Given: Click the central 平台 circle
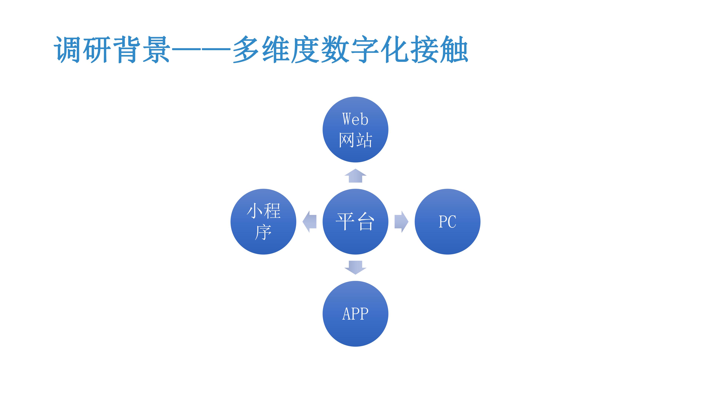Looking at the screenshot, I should pos(355,221).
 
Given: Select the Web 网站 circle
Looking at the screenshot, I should pos(355,129).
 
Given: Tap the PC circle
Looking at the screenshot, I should pos(447,221).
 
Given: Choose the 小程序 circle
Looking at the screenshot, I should pos(263,221).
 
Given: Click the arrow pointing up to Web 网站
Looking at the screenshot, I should pos(355,176).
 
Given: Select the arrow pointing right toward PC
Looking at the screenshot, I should pos(401,221).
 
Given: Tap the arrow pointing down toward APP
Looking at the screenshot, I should pos(355,267).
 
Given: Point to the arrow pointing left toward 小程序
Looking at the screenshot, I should pos(309,221).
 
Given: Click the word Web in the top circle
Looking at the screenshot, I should pos(355,119).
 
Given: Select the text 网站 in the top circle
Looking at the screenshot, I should pos(355,140).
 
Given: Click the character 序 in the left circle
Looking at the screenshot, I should pos(263,232).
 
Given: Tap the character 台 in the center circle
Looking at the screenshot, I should pos(365,221).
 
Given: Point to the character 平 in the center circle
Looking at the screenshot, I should pos(345,221).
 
